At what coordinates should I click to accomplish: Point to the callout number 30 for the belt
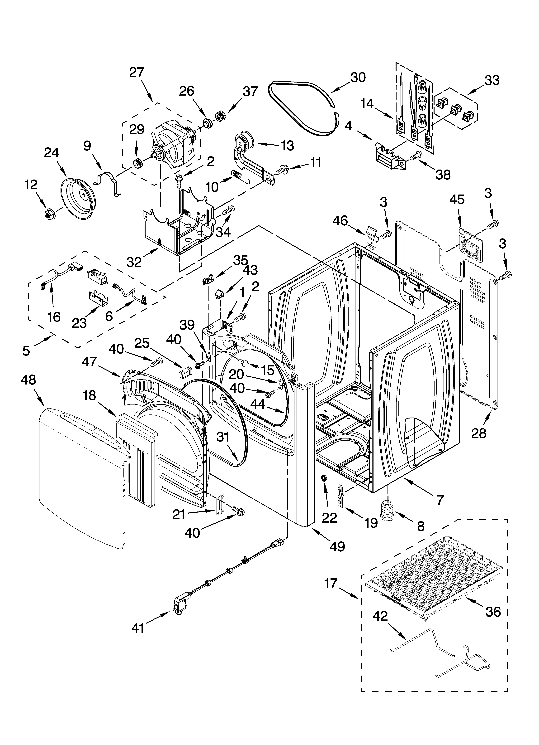click(358, 78)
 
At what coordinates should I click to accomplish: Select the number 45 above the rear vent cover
click(457, 199)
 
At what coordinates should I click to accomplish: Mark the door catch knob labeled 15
click(244, 362)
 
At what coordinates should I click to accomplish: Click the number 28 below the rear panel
click(479, 433)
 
